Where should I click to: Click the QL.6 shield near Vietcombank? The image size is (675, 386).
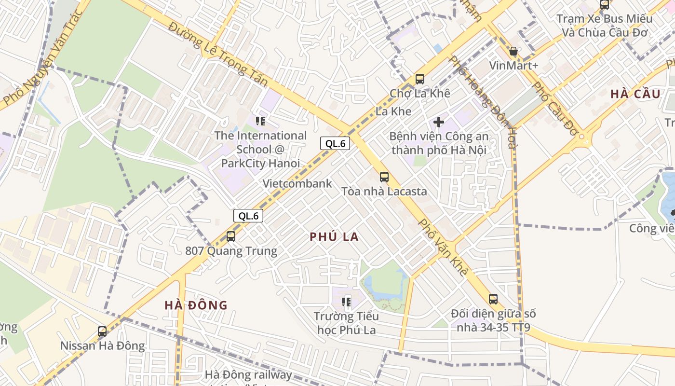point(248,216)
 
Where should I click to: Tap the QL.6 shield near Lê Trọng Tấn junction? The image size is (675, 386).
point(335,143)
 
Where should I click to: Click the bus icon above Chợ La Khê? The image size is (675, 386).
point(419,79)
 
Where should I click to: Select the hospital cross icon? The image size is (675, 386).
point(439,122)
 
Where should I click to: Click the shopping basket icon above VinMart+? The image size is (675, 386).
point(513,52)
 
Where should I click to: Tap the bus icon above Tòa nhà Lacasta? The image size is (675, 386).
point(384,177)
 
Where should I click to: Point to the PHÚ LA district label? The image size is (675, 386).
point(334,237)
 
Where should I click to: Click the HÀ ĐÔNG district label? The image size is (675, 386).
point(196,305)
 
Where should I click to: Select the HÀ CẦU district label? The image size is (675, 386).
point(635,94)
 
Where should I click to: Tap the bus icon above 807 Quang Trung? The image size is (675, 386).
point(231,236)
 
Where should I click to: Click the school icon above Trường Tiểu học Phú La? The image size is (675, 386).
point(346,302)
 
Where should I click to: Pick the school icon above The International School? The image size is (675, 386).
point(260,121)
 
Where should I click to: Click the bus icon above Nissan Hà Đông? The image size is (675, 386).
point(102,331)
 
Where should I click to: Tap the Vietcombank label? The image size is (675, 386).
point(297,183)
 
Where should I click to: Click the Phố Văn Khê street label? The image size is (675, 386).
point(443,248)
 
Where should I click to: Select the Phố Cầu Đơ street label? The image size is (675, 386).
point(554,109)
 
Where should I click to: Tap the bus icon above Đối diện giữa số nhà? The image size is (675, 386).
point(493,299)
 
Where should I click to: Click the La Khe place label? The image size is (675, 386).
point(393,111)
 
